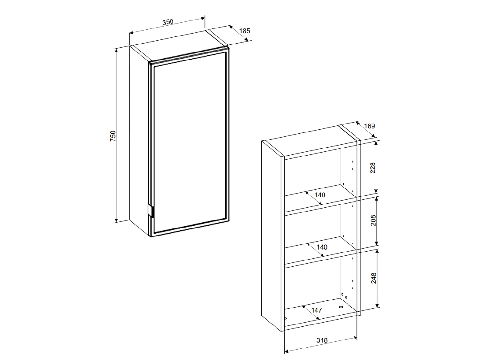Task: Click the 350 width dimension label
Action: [168, 22]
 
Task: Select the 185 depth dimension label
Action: [244, 31]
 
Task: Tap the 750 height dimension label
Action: [113, 136]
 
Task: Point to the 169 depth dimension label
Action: [370, 126]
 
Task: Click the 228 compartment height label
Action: [372, 168]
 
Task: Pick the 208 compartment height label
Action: [373, 220]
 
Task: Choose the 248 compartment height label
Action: [373, 278]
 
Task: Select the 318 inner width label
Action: [322, 340]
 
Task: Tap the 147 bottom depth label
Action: [316, 310]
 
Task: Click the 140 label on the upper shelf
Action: [320, 195]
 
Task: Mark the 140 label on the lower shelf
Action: [322, 247]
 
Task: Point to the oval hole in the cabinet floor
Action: [341, 307]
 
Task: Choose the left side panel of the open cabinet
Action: [271, 236]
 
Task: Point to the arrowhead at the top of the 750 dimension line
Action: [116, 51]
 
